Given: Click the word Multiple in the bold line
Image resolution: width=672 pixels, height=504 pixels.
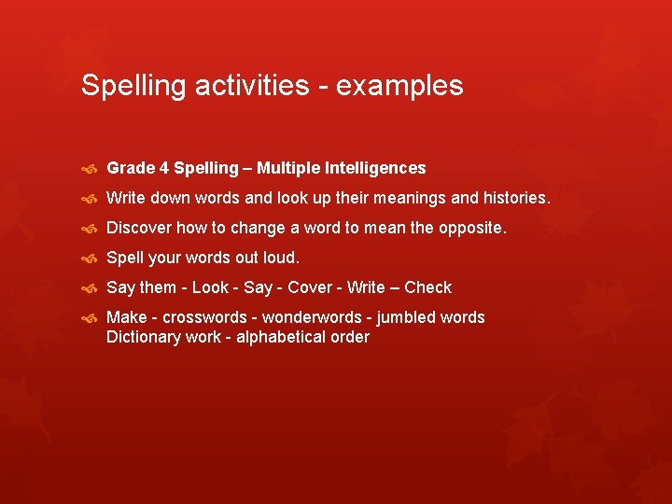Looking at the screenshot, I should pos(288,168).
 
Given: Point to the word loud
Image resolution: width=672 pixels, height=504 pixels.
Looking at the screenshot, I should pos(281,258).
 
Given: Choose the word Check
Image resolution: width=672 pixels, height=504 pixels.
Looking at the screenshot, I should pos(427,287).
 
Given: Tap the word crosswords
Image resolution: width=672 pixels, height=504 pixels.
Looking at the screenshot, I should pos(203,317).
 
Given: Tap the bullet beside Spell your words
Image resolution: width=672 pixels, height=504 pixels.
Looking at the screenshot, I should pos(90,259).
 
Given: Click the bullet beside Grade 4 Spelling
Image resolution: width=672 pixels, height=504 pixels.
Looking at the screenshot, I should pos(90,169).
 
